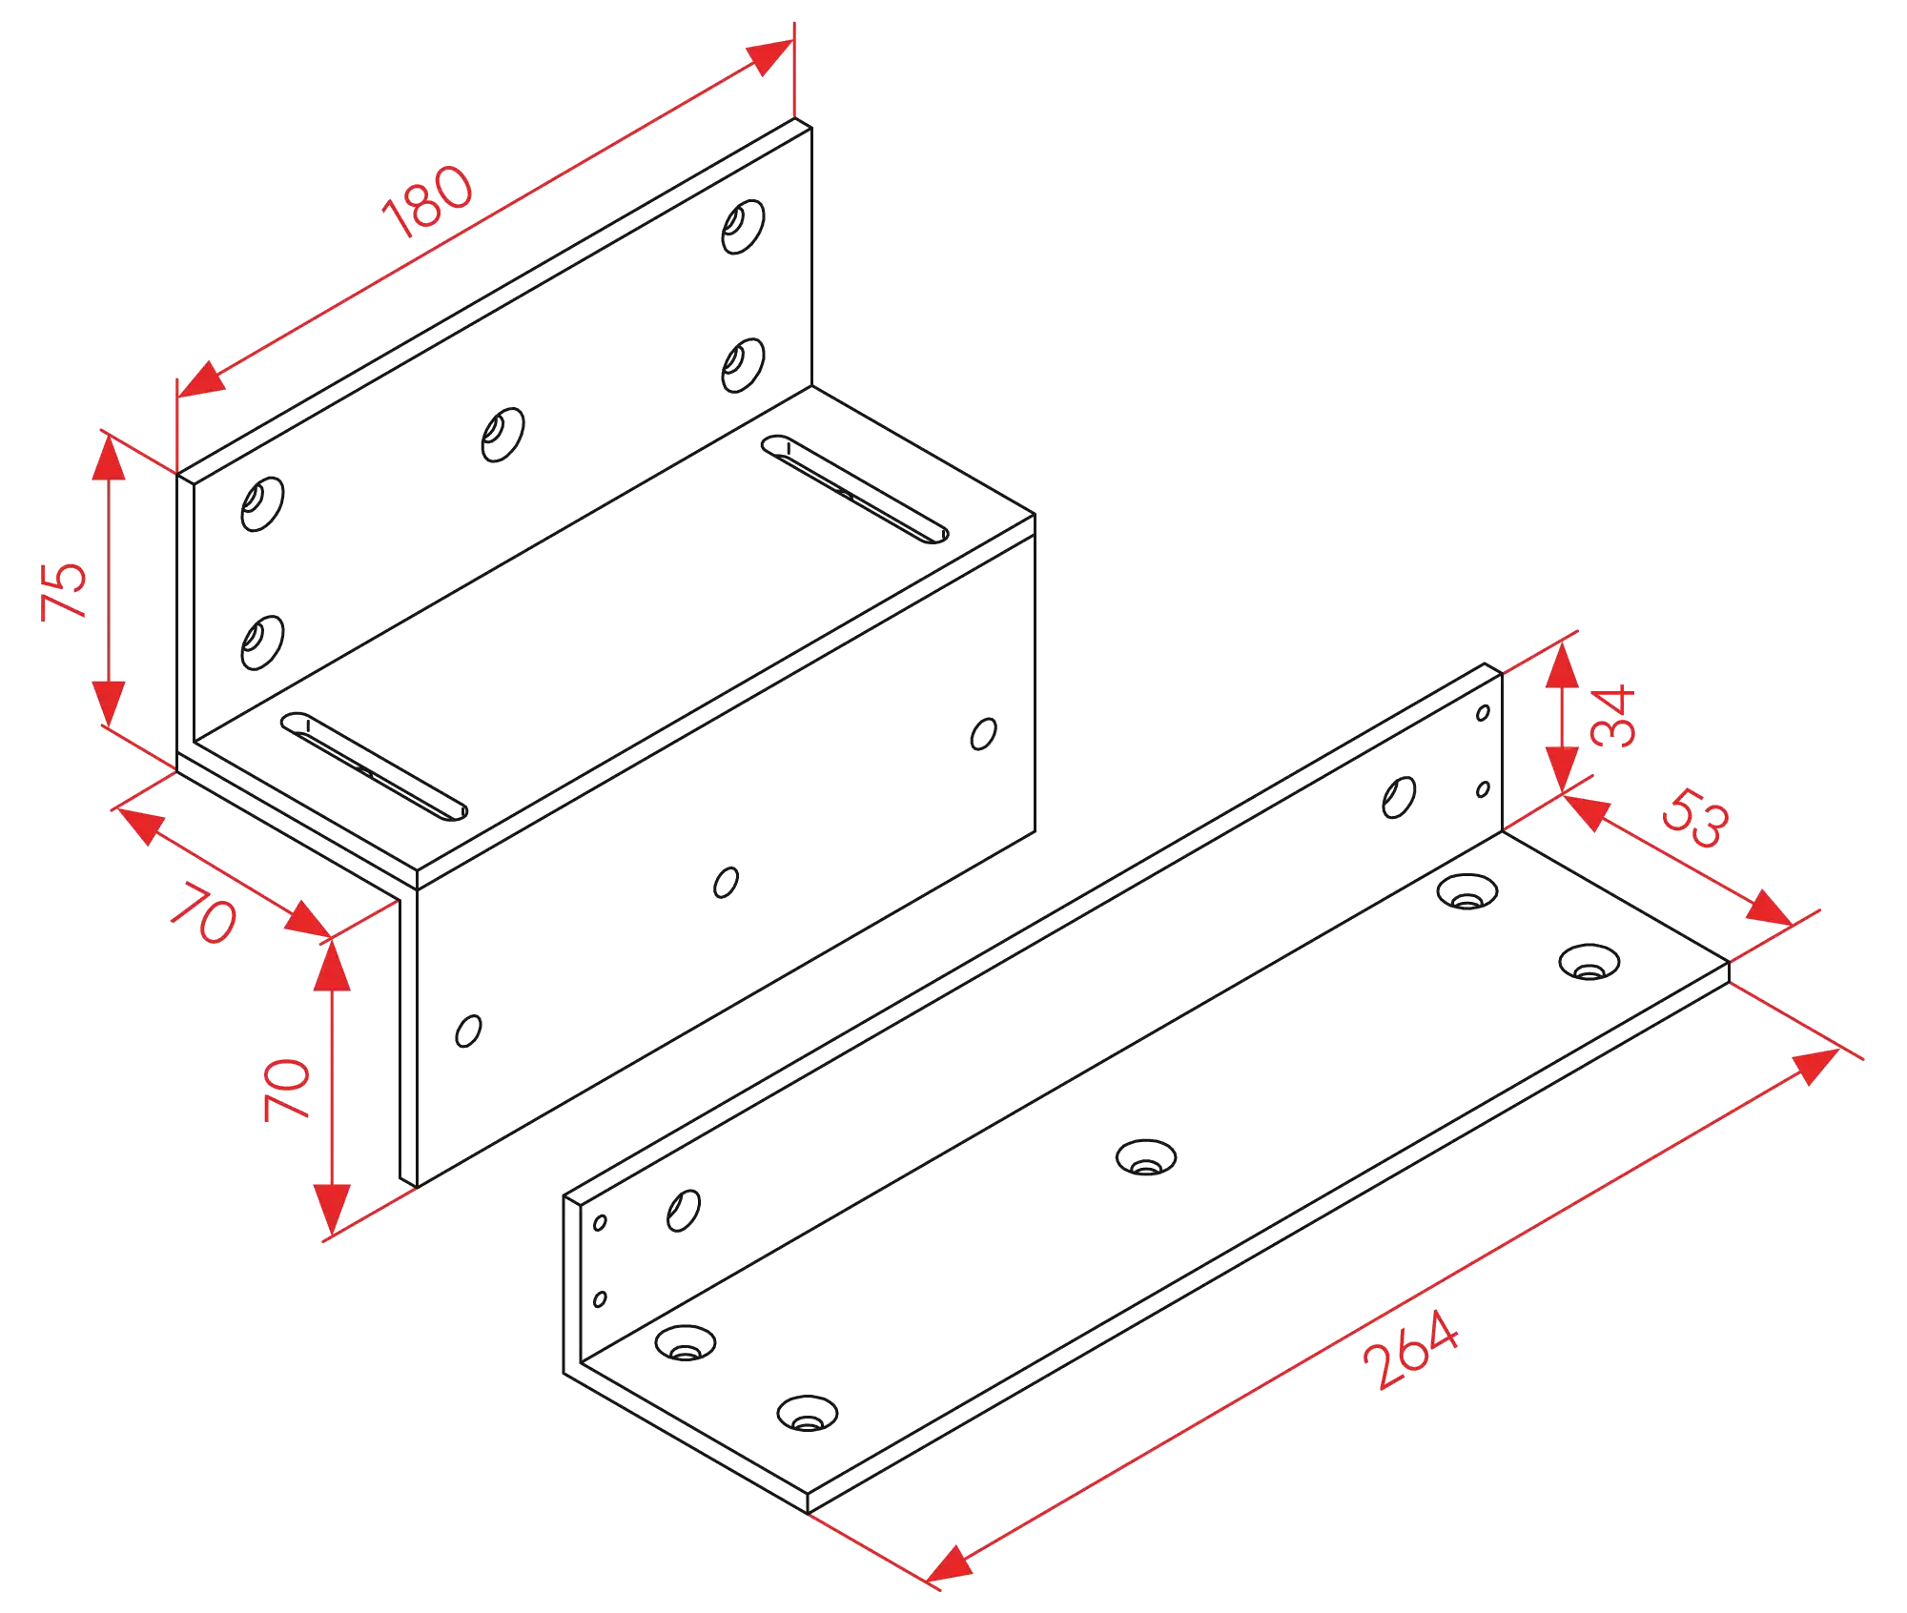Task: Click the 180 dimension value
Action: (427, 201)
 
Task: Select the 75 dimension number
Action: (64, 591)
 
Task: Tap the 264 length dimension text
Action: (1410, 1350)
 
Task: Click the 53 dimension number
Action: (1695, 817)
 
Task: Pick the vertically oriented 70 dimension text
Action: (286, 1089)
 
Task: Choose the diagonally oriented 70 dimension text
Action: (204, 912)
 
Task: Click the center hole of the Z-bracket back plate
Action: (502, 435)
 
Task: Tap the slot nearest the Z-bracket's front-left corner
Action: (374, 766)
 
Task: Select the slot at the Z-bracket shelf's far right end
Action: (854, 489)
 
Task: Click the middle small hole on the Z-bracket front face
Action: (726, 882)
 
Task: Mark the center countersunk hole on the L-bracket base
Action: (1146, 1157)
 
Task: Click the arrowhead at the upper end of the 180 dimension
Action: (772, 55)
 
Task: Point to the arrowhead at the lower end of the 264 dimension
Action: (949, 1564)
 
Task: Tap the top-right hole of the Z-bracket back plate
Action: (743, 227)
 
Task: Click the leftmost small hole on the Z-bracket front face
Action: (468, 1031)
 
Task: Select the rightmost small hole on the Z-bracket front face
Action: (984, 734)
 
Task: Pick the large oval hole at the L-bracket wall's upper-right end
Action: (1399, 797)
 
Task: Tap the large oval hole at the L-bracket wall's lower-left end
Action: (684, 1211)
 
